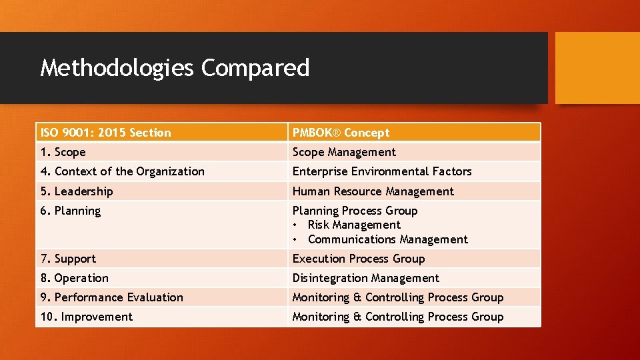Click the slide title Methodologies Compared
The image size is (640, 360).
175,68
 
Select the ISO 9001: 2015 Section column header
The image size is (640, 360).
105,133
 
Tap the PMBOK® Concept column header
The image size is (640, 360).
341,133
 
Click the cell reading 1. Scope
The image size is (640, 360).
63,152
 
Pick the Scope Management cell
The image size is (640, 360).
344,152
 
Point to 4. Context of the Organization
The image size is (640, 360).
123,171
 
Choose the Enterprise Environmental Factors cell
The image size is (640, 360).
382,171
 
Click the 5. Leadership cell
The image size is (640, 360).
77,191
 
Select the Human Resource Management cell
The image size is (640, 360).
373,191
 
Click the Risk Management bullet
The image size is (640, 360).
354,225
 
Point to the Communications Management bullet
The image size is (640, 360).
388,239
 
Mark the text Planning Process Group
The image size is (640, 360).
355,211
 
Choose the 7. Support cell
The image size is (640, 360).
68,259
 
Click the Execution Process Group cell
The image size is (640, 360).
359,259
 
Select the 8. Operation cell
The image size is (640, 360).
74,278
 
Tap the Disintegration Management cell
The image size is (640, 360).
366,278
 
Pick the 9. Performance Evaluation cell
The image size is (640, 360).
111,297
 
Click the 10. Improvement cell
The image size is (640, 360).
87,317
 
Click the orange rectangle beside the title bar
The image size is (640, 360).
597,68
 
